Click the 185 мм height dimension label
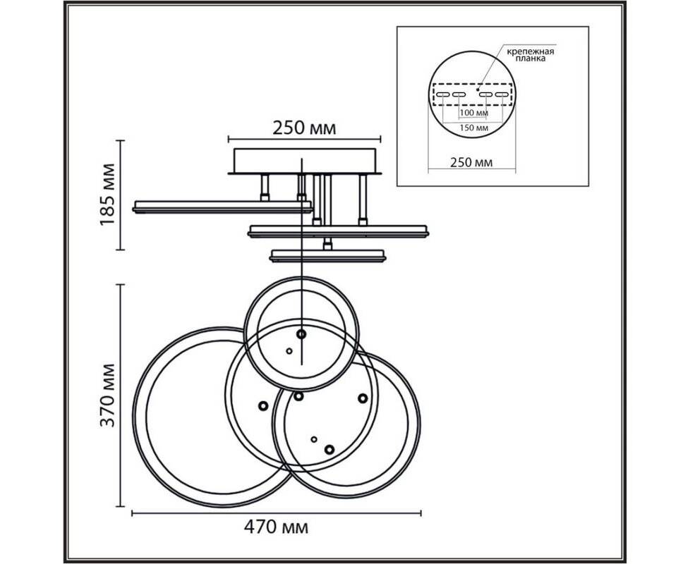point(108,195)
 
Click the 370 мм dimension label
point(107,396)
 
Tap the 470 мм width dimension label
point(276,527)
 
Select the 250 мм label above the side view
point(304,128)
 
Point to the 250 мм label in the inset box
point(471,162)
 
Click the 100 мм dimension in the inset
point(473,113)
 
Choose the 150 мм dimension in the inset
point(474,128)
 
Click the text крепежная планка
point(531,54)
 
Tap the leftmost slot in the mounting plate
point(442,94)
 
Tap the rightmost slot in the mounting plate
point(502,94)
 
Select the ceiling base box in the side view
point(305,161)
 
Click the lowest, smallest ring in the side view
point(328,256)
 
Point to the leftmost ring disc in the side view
point(222,207)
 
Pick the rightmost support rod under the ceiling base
point(363,200)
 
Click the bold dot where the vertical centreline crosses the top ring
point(301,334)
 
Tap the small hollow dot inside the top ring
point(289,351)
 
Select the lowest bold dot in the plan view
point(329,450)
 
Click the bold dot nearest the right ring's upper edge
point(363,398)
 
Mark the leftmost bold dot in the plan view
point(263,406)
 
